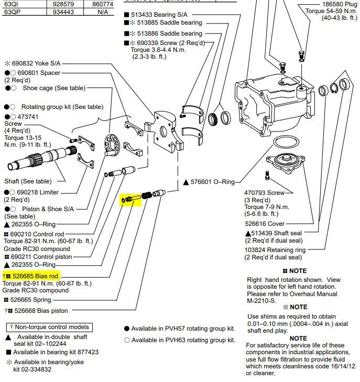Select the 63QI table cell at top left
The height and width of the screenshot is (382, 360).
[x=10, y=3]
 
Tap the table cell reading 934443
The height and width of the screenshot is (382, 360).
[x=62, y=11]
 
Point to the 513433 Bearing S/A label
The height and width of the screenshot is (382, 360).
[x=166, y=14]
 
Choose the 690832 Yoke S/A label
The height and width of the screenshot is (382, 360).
[x=35, y=63]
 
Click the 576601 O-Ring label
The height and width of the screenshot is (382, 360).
[x=213, y=182]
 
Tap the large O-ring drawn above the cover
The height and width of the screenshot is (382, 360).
[x=286, y=143]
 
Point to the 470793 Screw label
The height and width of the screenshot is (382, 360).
[x=265, y=193]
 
